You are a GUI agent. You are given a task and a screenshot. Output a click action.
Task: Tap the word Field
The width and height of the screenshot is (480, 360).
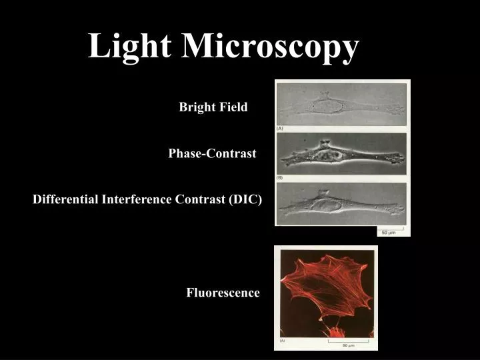[x=234, y=107]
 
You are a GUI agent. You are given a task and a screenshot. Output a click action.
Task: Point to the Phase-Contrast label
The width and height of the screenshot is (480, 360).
[x=212, y=153]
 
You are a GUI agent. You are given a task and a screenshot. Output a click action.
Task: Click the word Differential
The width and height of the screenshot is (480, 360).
[x=65, y=199]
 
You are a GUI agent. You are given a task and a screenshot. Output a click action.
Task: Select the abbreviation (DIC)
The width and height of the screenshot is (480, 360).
[x=246, y=199]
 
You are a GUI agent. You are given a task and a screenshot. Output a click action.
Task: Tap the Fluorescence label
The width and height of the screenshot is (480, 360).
[x=223, y=293]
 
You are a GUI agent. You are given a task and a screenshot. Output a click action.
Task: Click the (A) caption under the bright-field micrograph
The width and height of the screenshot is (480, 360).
[x=280, y=128]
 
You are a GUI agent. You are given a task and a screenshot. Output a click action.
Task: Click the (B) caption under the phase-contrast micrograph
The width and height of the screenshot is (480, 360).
[x=280, y=177]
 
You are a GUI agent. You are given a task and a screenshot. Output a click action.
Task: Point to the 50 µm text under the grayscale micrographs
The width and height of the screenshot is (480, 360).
[x=388, y=233]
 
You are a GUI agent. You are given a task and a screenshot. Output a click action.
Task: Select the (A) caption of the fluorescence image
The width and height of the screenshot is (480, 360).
[x=283, y=341]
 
